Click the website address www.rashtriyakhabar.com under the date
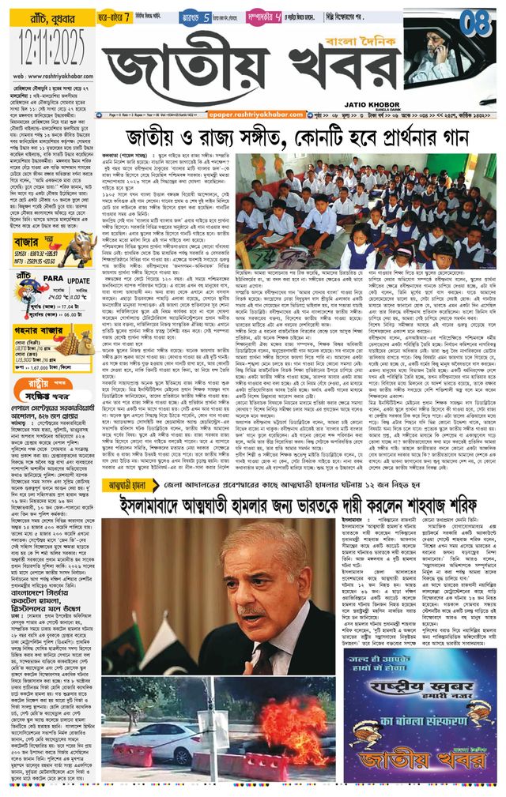49,76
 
